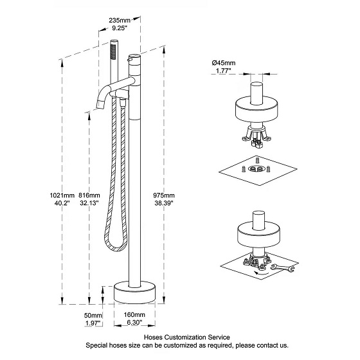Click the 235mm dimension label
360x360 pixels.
(x=120, y=21)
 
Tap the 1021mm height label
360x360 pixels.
(x=62, y=195)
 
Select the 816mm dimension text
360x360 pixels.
(x=89, y=195)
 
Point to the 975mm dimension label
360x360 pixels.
(x=164, y=195)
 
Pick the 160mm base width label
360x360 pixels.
(x=134, y=315)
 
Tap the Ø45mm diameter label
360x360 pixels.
(x=224, y=63)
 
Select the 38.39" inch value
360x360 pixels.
(x=164, y=203)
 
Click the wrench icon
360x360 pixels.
(x=282, y=267)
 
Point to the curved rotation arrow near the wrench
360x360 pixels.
(x=261, y=273)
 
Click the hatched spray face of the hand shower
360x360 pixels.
(x=113, y=51)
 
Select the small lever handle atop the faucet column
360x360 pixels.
(x=129, y=60)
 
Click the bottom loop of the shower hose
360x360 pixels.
(x=116, y=248)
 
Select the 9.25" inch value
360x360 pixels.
(x=120, y=28)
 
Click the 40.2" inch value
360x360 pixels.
(x=62, y=203)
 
